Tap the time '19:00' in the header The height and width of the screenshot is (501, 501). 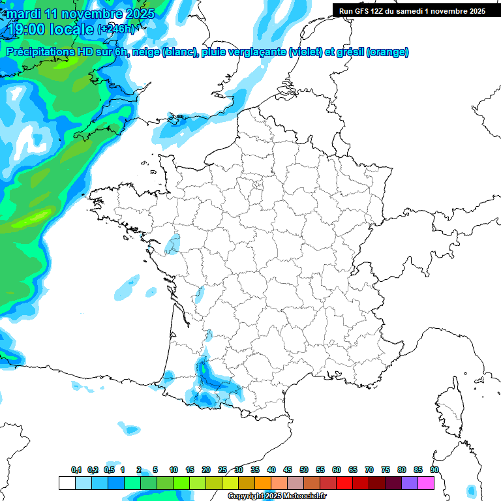33,29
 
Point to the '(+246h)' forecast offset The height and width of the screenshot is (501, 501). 115,29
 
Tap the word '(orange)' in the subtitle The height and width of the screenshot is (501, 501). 387,52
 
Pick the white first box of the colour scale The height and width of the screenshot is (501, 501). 67,483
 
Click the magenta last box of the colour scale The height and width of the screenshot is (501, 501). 426,483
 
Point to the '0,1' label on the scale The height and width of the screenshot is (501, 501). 76,470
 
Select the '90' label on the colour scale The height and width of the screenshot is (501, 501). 434,470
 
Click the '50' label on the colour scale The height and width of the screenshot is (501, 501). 304,470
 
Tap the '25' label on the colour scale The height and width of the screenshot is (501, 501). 222,470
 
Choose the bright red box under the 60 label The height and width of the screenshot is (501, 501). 344,483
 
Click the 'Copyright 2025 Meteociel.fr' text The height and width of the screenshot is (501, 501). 277,496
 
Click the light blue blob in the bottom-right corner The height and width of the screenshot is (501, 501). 472,490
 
